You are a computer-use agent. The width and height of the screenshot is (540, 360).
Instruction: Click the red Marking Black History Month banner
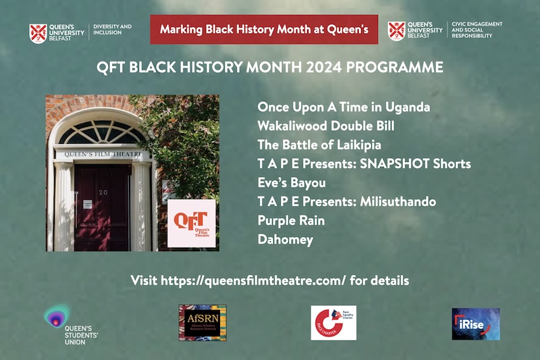tap(264, 29)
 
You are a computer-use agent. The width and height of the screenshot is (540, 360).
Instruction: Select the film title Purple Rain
tap(291, 220)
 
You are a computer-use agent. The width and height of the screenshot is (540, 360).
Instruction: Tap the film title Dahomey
tap(285, 239)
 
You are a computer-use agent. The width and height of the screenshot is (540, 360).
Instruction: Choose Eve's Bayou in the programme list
tap(292, 182)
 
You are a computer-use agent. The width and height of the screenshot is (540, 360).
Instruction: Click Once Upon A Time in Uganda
tap(344, 107)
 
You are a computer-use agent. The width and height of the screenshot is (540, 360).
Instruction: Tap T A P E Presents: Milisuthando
tap(346, 201)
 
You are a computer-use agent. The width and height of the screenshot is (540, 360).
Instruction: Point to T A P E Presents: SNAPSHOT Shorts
tap(364, 163)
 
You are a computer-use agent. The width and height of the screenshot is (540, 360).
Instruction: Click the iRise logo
tap(475, 324)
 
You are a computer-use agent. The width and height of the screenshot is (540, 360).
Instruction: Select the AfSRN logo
tap(202, 322)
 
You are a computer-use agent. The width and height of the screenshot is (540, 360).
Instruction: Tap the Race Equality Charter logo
tap(333, 323)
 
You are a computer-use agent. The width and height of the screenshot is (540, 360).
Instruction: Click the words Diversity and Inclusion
tap(112, 30)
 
